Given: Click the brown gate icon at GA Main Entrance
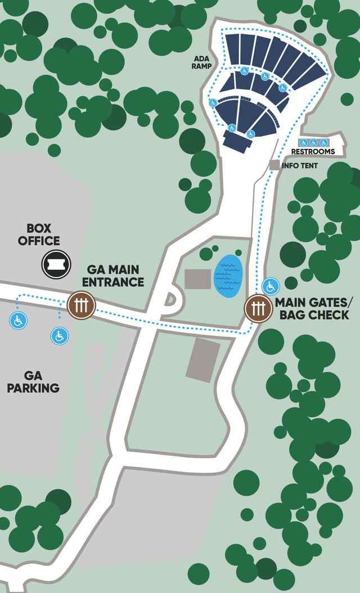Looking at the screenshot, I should tap(82, 305).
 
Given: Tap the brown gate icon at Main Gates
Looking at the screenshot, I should tap(258, 309).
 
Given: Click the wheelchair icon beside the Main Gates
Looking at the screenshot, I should tap(271, 286).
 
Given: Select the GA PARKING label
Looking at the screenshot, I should tap(33, 382).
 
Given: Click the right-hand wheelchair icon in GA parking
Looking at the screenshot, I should tap(60, 336).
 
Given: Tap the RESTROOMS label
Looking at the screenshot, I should tap(313, 152).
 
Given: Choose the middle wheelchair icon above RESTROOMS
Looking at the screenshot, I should tap(313, 143).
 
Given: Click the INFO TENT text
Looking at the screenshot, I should tap(299, 166).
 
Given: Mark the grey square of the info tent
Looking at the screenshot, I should tap(274, 165).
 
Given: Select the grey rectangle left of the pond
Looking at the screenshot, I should tap(197, 278).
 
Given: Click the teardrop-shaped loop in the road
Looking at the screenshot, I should tap(171, 300).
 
